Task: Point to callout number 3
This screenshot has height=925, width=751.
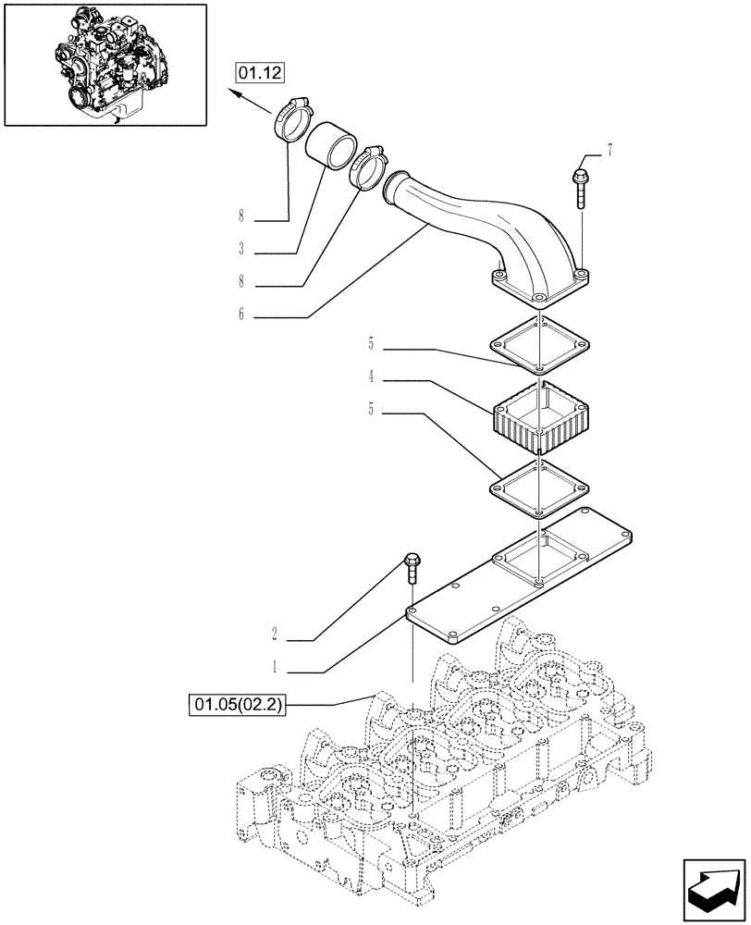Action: click(240, 249)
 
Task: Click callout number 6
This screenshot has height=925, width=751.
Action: click(240, 314)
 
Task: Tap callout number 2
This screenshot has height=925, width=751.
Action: click(275, 635)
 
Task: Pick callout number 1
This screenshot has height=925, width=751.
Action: click(275, 665)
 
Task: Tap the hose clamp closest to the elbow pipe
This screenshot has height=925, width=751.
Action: click(369, 166)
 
